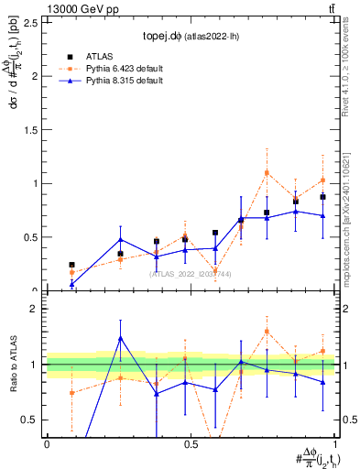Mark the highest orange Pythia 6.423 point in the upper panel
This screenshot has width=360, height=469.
pyautogui.click(x=267, y=172)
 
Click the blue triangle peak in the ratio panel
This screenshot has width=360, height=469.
pyautogui.click(x=121, y=338)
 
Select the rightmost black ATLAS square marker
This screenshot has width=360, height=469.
pyautogui.click(x=322, y=197)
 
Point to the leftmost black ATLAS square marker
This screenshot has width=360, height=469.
pyautogui.click(x=71, y=265)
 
